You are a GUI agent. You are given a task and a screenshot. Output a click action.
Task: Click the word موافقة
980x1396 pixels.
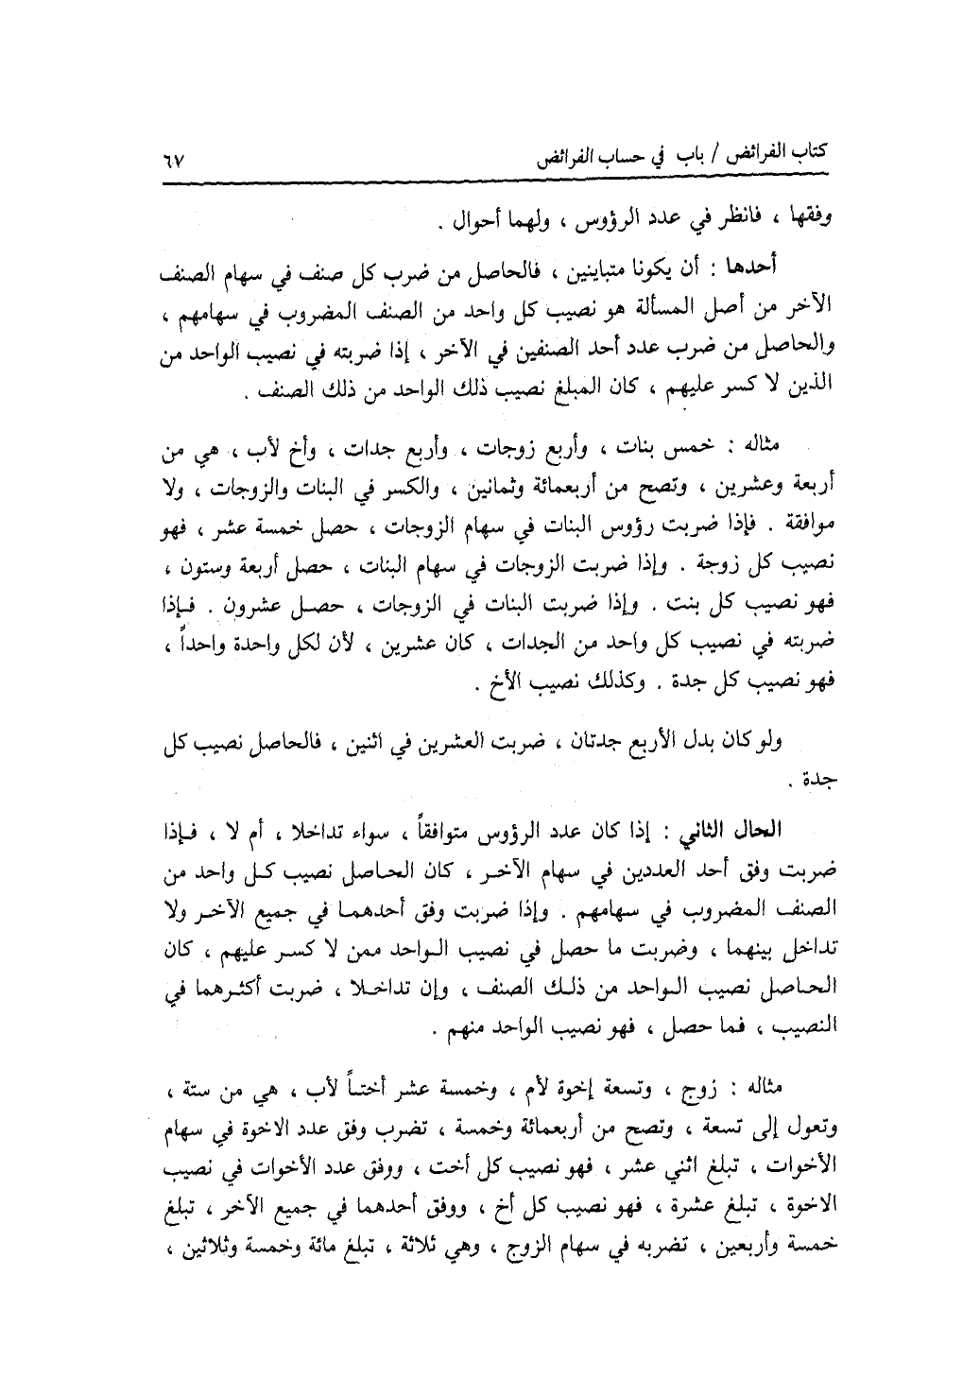tap(809, 524)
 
